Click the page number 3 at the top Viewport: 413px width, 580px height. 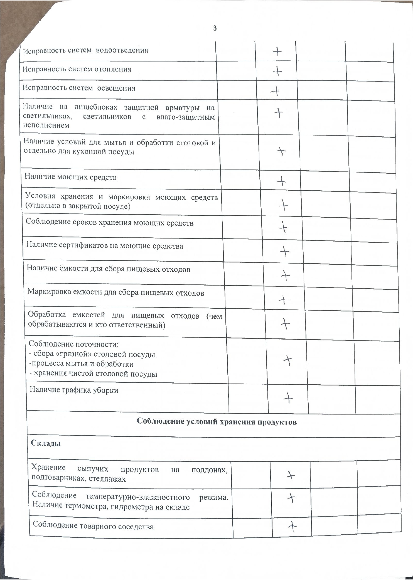[x=215, y=28]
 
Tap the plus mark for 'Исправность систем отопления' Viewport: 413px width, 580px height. [x=277, y=71]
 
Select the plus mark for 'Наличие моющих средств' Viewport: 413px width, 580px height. [x=281, y=181]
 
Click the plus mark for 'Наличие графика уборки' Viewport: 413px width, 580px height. [x=288, y=399]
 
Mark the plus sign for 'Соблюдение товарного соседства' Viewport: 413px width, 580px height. [x=292, y=526]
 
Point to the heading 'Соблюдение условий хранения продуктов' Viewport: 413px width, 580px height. [x=217, y=422]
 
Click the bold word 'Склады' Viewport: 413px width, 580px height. [x=46, y=443]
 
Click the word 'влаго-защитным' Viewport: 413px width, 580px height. [x=186, y=117]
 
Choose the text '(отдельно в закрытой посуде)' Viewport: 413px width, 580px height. [x=78, y=206]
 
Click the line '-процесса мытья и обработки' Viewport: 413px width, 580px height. [x=81, y=364]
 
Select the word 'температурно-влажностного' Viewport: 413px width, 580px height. [x=138, y=497]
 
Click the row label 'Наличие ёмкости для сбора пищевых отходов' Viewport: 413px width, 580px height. [x=109, y=269]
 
